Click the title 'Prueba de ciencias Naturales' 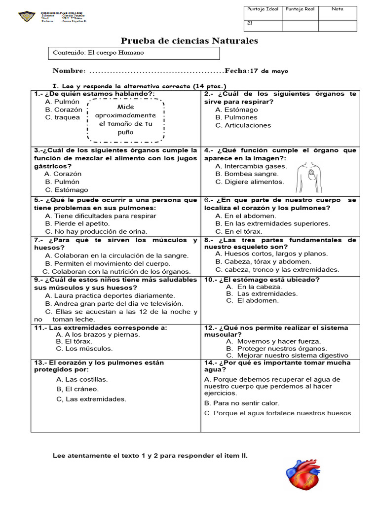coord(189,40)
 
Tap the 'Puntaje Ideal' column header coord(263,9)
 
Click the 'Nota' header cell coord(338,9)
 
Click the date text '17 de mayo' coord(269,71)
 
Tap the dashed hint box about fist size coord(126,119)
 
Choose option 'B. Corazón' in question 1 coord(64,109)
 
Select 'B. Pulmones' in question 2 coord(236,117)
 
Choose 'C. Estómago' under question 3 coord(67,189)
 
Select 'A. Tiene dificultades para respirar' coord(100,216)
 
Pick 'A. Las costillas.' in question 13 coord(82,379)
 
